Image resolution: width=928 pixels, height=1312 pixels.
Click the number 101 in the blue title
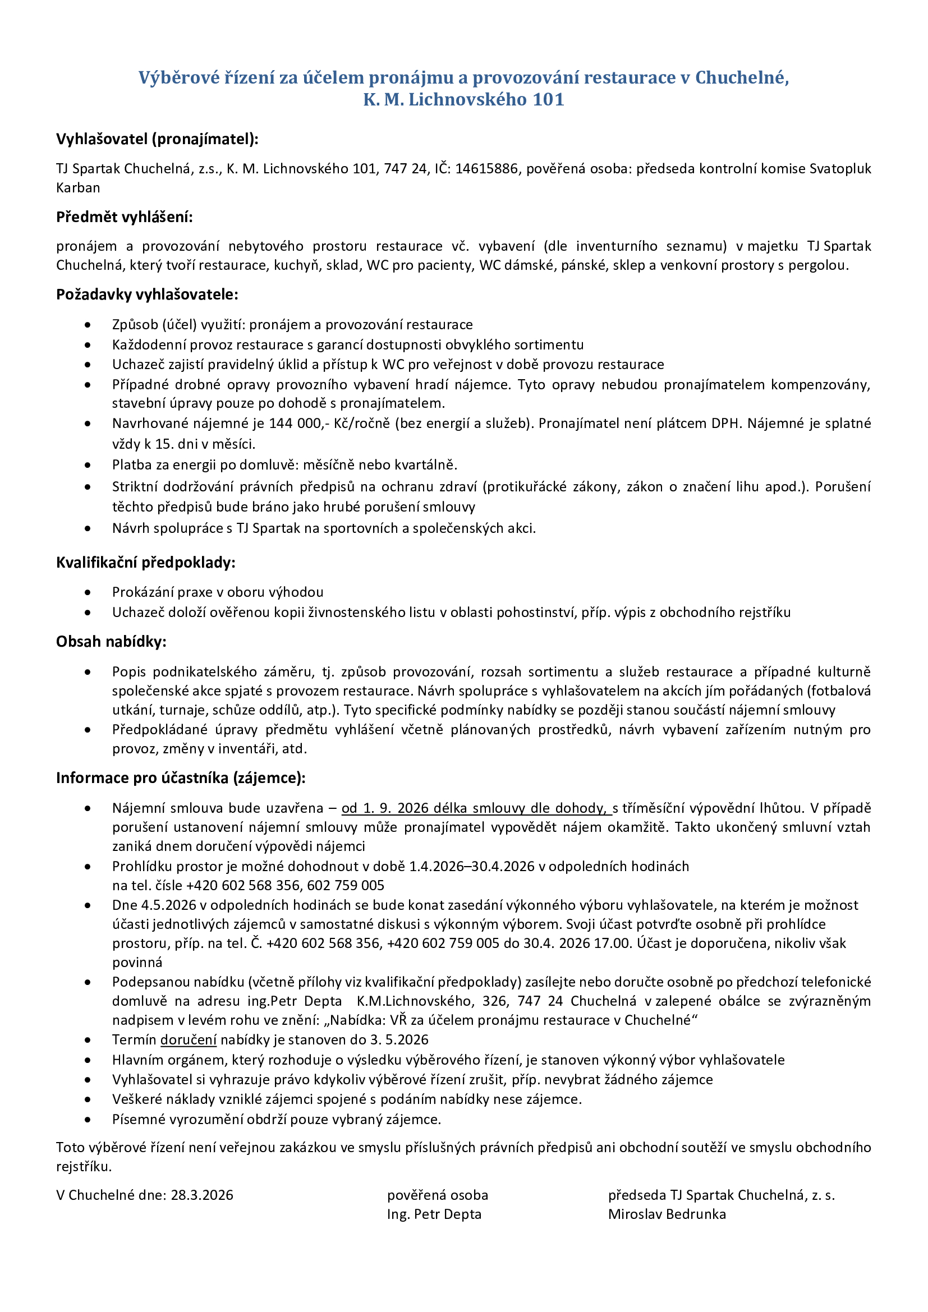[548, 99]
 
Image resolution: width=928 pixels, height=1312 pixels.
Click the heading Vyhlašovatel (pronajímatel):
[157, 139]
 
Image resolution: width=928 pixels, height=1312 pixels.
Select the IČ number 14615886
[486, 169]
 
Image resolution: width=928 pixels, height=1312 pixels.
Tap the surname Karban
[79, 187]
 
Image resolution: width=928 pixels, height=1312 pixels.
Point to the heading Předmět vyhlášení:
[125, 217]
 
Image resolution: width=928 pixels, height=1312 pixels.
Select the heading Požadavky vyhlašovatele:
[147, 294]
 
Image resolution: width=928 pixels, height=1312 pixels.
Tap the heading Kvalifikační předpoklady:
[146, 562]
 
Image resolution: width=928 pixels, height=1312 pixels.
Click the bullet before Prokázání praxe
[88, 592]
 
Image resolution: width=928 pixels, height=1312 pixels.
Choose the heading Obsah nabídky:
[112, 642]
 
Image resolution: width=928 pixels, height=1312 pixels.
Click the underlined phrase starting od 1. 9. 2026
[476, 808]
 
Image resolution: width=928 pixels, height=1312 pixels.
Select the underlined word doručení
[189, 1039]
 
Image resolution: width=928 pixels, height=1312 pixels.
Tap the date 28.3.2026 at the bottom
[203, 1195]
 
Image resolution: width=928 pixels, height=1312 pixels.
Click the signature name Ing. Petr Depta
[434, 1214]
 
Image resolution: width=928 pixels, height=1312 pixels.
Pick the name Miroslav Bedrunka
[667, 1214]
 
